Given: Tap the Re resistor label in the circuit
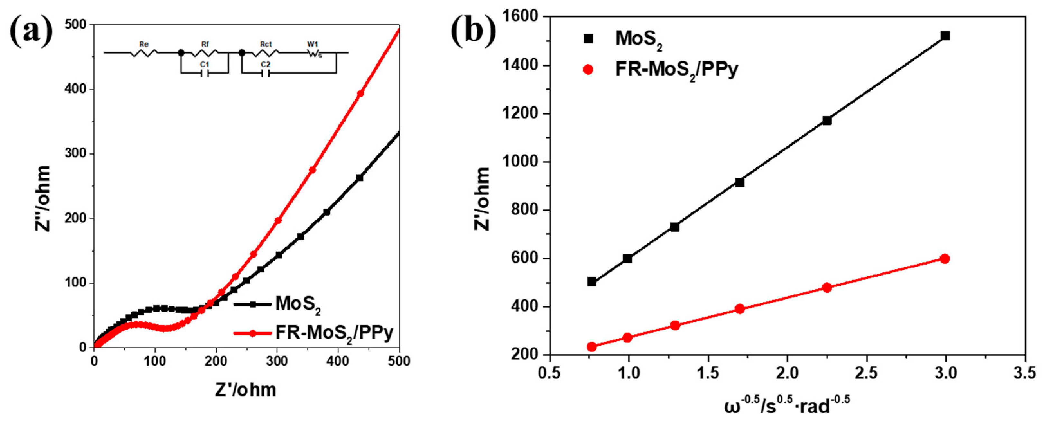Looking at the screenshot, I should [144, 44].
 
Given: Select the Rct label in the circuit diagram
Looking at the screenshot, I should [265, 44].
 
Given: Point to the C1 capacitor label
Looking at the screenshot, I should [205, 64].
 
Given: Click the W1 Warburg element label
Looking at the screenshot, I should [312, 44].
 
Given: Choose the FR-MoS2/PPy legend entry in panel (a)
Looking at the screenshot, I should [334, 333].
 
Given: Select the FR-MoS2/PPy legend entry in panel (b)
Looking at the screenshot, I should [676, 70].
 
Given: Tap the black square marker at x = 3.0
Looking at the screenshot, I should [945, 36].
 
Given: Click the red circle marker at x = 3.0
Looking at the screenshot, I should [945, 258].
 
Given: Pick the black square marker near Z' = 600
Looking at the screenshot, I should [627, 258].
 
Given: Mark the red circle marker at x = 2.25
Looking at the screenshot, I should [827, 288].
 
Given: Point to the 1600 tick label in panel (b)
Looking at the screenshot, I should [521, 17].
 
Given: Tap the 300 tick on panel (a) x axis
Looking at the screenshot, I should [277, 361].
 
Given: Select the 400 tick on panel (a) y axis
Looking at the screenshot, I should [76, 89].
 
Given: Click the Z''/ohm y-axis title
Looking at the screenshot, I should [42, 199].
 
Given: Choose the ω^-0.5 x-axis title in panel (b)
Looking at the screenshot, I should [786, 405].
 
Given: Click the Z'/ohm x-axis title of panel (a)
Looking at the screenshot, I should [245, 390].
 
